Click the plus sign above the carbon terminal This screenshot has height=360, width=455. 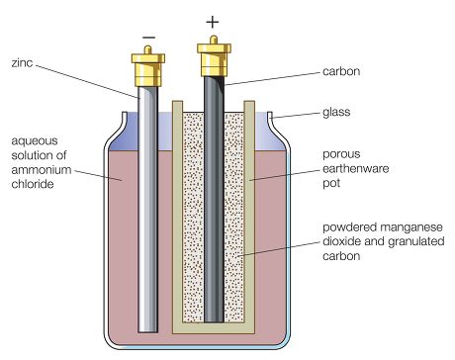point(213,23)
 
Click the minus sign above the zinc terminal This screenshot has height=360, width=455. point(148,38)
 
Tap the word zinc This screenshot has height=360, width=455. point(22,62)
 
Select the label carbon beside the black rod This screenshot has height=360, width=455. point(341,71)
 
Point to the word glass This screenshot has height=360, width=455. point(336,112)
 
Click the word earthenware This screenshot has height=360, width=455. point(356,168)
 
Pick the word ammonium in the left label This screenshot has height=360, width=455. point(42,170)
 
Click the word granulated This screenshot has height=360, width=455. point(416,241)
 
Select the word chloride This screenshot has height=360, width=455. point(33,184)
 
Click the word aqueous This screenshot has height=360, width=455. point(35,141)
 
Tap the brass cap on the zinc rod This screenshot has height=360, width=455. point(148,67)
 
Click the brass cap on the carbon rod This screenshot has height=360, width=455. point(214,56)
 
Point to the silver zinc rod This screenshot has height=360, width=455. point(148,209)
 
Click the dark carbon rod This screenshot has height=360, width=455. point(215,199)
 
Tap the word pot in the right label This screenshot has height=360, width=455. point(331,183)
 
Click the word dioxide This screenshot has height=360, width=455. point(341,241)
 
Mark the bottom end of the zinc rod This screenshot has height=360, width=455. point(148,331)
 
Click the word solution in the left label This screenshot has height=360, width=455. point(39,155)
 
